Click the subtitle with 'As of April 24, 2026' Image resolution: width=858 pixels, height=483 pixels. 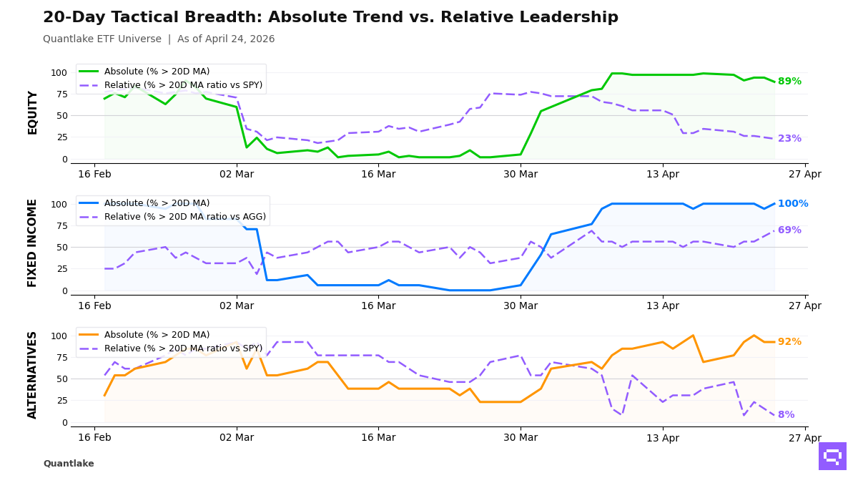pos(159,39)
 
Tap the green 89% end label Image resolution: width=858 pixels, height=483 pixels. pos(789,82)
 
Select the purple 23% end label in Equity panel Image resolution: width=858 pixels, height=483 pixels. pos(789,139)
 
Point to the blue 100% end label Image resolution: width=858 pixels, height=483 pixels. pos(793,204)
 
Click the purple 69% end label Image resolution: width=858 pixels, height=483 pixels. pos(789,230)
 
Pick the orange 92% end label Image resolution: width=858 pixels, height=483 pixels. pos(789,342)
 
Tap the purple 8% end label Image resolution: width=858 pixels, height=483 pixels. pos(786,415)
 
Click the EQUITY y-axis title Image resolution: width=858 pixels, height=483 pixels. pos(33,112)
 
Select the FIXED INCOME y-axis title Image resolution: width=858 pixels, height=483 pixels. pos(33,243)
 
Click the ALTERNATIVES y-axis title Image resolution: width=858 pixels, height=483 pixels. pos(33,374)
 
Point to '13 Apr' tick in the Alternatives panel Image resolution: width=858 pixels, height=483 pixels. pos(663,438)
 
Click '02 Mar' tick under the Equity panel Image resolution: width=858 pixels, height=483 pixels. pos(237,175)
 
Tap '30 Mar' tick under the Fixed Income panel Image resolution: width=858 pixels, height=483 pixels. pos(521,306)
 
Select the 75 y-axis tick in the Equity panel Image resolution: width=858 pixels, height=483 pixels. pos(59,94)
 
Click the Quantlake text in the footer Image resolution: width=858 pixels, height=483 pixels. pos(69,464)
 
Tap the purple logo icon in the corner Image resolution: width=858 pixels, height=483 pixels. pos(832,456)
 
